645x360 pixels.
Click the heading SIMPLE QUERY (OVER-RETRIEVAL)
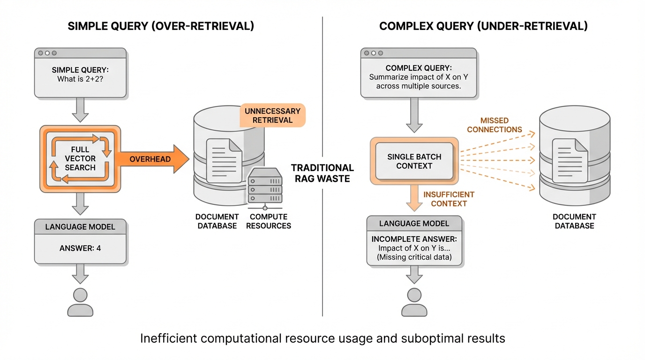pos(161,26)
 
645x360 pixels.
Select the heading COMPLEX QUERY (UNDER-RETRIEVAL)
pos(483,26)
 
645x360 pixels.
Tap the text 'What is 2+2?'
pos(80,79)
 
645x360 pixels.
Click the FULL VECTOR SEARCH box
pos(80,159)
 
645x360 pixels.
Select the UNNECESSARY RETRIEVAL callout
pos(272,115)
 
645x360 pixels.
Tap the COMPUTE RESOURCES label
pos(269,221)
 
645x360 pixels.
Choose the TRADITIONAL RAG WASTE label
pos(322,172)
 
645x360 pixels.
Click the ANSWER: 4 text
pos(80,248)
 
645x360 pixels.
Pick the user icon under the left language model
pos(80,302)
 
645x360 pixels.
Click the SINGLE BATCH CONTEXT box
pos(414,161)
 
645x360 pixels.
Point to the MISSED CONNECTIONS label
pos(495,125)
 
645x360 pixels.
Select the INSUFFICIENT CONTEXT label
pos(449,199)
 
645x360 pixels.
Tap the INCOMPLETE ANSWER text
pos(414,239)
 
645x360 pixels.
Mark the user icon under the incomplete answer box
pos(414,302)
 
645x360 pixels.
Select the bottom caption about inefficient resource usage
pos(322,338)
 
